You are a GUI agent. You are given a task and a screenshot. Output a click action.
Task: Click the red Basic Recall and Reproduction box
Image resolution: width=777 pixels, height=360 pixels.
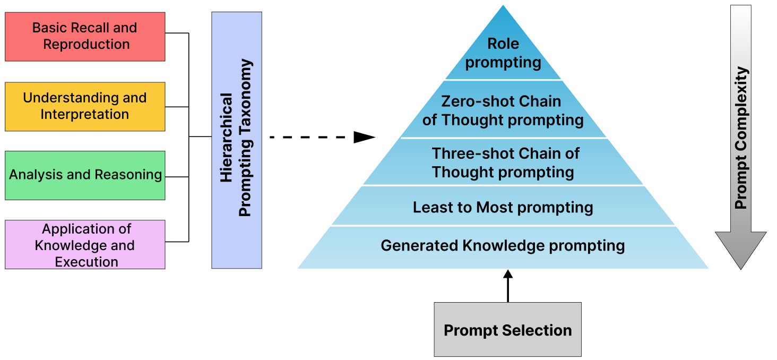[x=85, y=36]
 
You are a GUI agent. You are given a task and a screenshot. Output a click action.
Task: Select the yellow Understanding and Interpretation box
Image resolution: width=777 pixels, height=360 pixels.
[x=85, y=106]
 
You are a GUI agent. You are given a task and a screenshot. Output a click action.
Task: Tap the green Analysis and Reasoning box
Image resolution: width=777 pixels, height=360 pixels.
[x=85, y=175]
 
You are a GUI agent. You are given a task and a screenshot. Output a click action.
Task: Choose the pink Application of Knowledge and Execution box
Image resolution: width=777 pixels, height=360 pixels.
[x=85, y=245]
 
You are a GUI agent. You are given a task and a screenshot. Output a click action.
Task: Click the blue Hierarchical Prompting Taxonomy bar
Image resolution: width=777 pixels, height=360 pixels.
[x=236, y=140]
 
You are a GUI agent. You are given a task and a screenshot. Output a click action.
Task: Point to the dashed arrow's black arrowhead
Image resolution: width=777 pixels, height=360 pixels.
[x=365, y=138]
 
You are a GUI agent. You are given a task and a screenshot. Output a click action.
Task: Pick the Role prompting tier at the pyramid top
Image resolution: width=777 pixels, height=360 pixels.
[x=503, y=53]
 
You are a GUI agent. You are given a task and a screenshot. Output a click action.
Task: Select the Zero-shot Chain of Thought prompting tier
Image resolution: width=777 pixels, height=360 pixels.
[x=503, y=110]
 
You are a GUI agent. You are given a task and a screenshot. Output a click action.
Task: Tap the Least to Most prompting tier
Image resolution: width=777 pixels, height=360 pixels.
[x=503, y=207]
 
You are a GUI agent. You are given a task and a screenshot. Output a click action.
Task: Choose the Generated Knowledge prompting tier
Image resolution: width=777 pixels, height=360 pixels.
[x=503, y=246]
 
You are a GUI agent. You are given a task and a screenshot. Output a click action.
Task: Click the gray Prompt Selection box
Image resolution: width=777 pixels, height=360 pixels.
[x=507, y=330]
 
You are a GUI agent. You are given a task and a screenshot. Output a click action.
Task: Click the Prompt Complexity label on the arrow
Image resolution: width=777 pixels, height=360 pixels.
[x=741, y=138]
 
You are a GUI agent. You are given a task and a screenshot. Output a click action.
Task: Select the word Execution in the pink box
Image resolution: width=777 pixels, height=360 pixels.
[x=87, y=262]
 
